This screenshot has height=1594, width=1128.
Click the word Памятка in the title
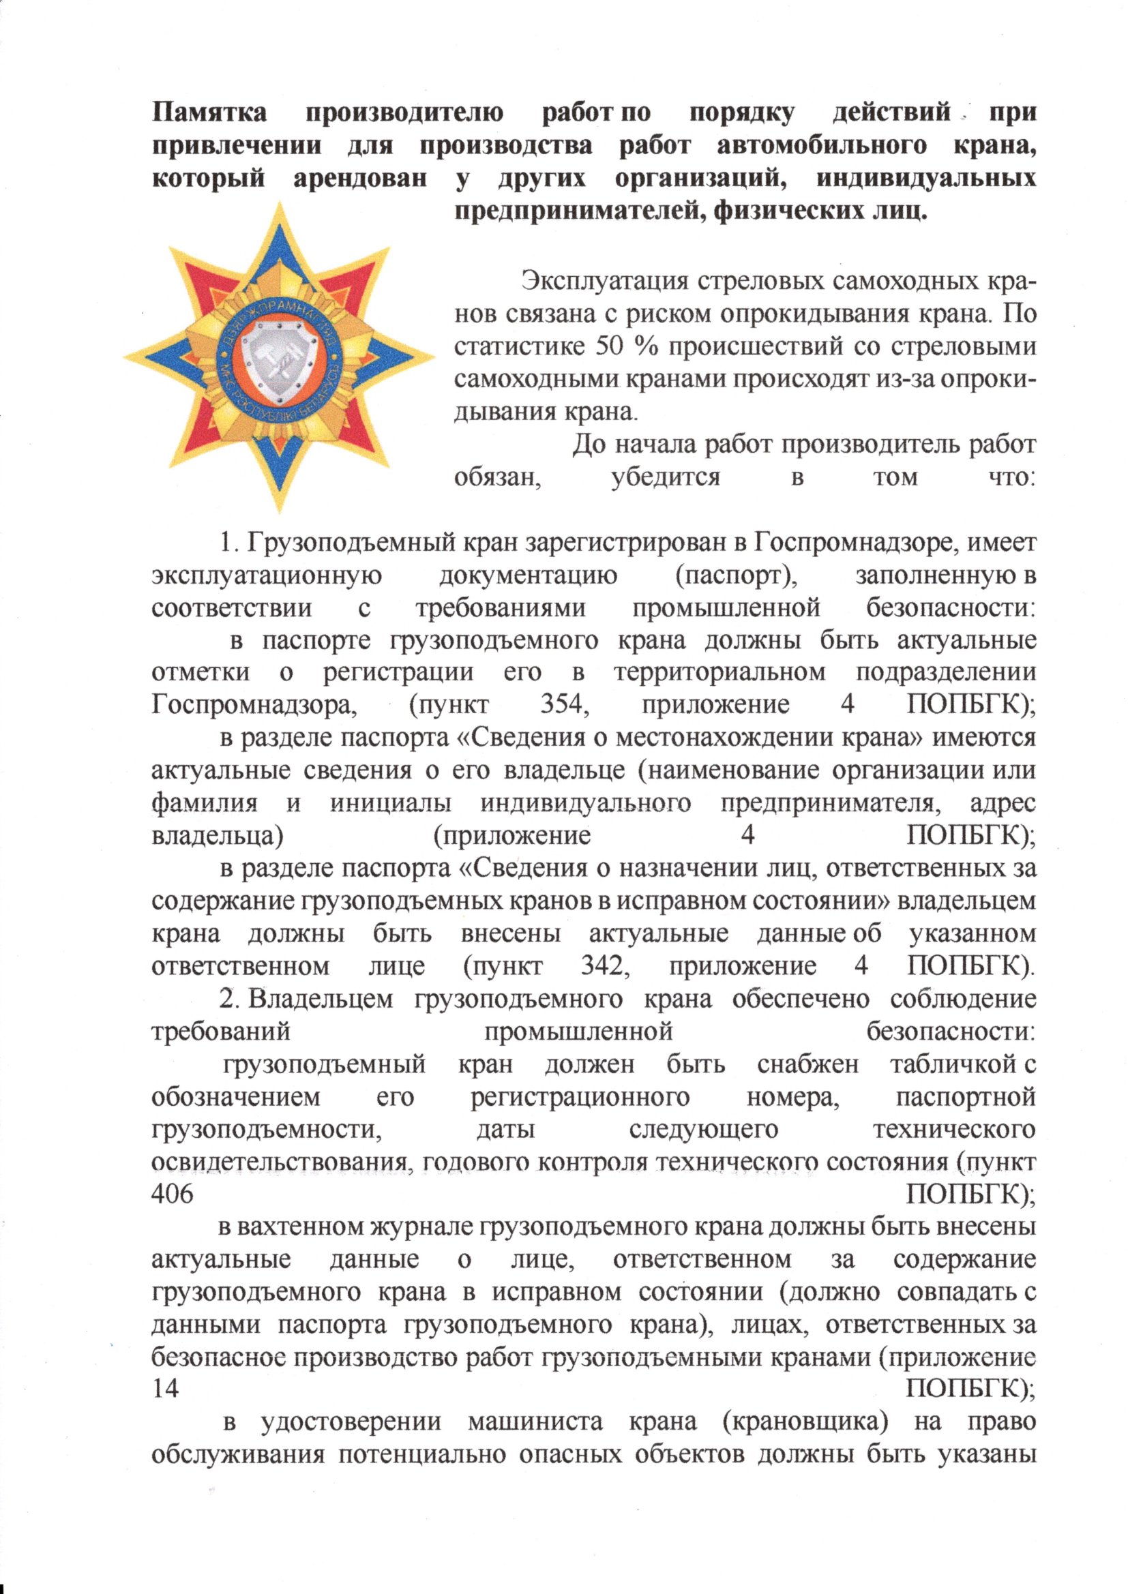pyautogui.click(x=209, y=112)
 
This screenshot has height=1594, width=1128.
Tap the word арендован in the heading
pyautogui.click(x=360, y=179)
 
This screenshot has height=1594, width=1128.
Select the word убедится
pyautogui.click(x=666, y=477)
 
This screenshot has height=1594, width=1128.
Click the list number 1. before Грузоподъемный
pyautogui.click(x=230, y=542)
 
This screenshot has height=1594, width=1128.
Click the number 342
pyautogui.click(x=605, y=965)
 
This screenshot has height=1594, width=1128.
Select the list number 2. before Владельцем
pyautogui.click(x=230, y=999)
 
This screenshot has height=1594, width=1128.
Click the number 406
pyautogui.click(x=173, y=1194)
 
